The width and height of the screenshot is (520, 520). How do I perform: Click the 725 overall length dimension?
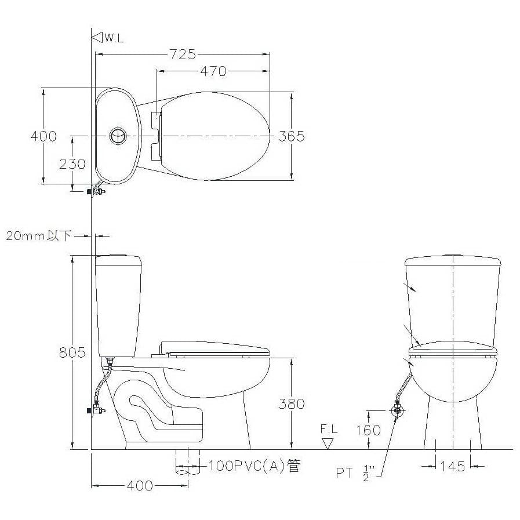point(183,54)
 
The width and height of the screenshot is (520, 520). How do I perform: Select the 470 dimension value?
point(213,71)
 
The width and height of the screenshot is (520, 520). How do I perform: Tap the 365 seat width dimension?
point(291,136)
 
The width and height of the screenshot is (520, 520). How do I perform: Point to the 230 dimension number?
point(72,164)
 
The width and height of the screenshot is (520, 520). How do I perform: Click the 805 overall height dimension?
point(72,352)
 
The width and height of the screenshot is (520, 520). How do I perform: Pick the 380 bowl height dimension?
point(292,403)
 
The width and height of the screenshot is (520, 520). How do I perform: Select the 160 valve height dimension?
point(368,430)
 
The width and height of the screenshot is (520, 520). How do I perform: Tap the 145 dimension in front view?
point(453,467)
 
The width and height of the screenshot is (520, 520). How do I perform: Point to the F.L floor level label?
point(329,429)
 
